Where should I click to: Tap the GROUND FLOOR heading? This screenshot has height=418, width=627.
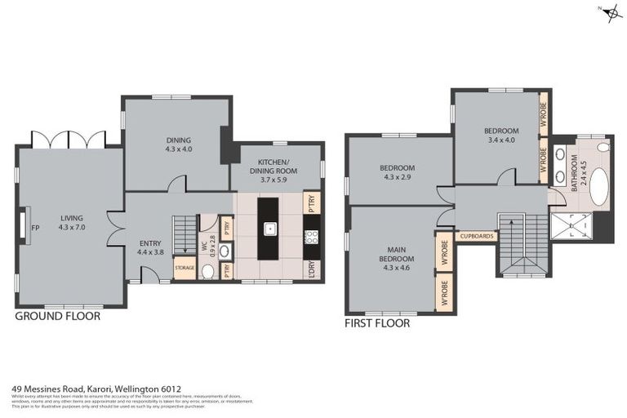tap(57, 316)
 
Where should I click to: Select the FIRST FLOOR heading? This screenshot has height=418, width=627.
tap(377, 323)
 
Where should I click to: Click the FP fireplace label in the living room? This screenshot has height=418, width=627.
tap(34, 229)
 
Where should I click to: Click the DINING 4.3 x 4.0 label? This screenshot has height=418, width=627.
tap(178, 145)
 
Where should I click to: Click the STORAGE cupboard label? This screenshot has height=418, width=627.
tap(185, 268)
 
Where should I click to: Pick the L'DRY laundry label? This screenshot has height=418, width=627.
tap(311, 269)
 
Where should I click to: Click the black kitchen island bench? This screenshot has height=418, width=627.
tap(268, 228)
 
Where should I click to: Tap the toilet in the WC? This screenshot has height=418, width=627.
tap(207, 271)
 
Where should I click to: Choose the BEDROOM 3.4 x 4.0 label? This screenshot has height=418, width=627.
tap(500, 136)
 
